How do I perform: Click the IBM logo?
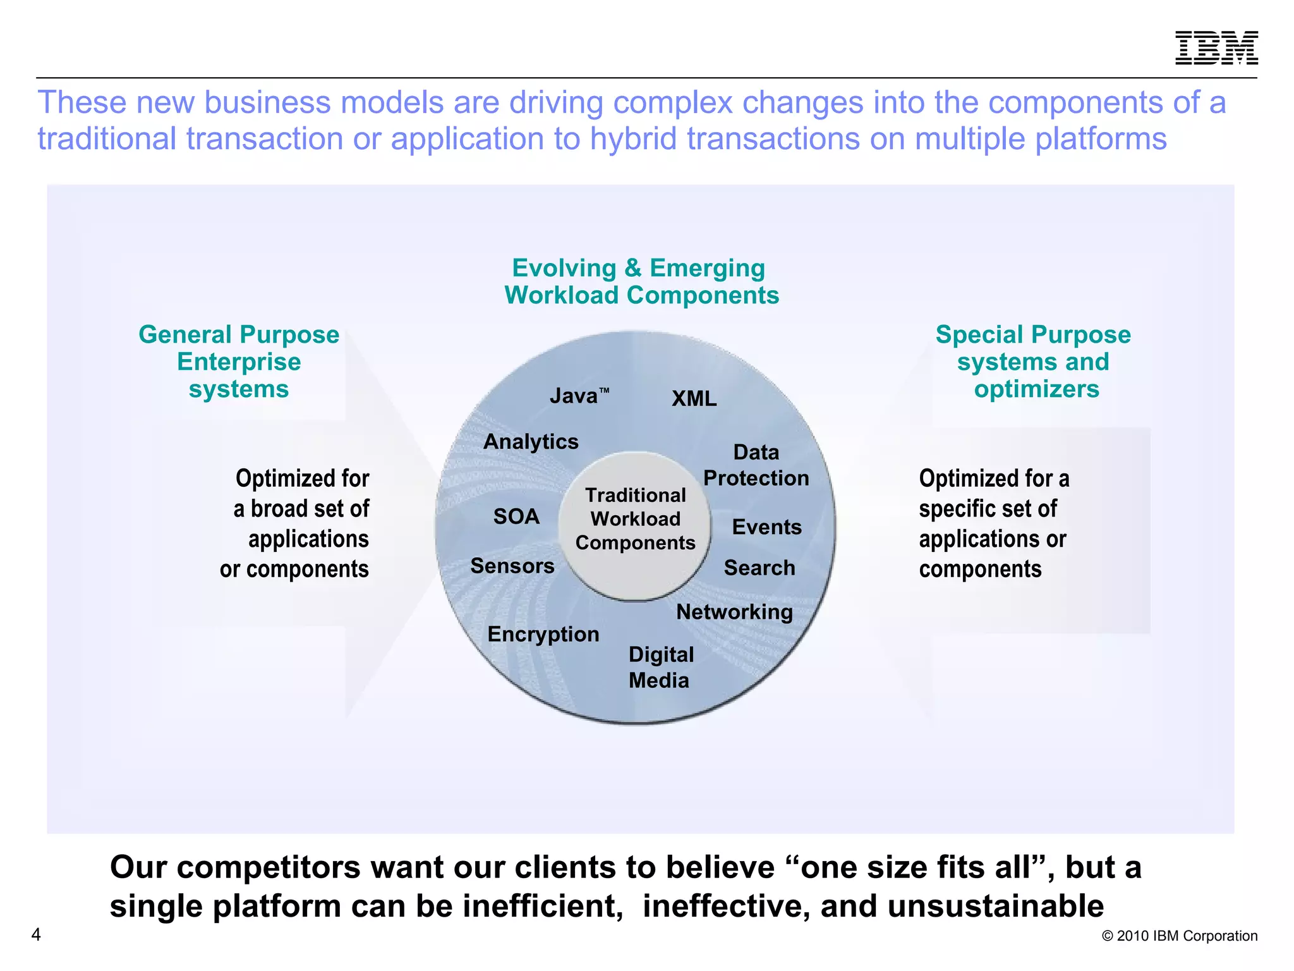(1216, 48)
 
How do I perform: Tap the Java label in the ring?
(576, 396)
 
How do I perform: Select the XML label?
(694, 399)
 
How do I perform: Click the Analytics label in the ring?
(531, 442)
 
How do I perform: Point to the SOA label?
(516, 517)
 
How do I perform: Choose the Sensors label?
(512, 566)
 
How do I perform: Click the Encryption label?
(543, 634)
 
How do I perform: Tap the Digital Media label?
(660, 668)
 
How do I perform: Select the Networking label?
(734, 612)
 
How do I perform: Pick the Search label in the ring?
(759, 568)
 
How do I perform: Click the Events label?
(766, 527)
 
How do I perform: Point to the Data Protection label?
(756, 465)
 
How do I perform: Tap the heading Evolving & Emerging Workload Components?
(641, 282)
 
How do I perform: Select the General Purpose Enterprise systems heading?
(239, 362)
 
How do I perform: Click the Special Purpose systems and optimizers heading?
(1034, 362)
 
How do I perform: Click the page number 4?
(36, 934)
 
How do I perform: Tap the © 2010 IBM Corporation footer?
(1179, 936)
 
